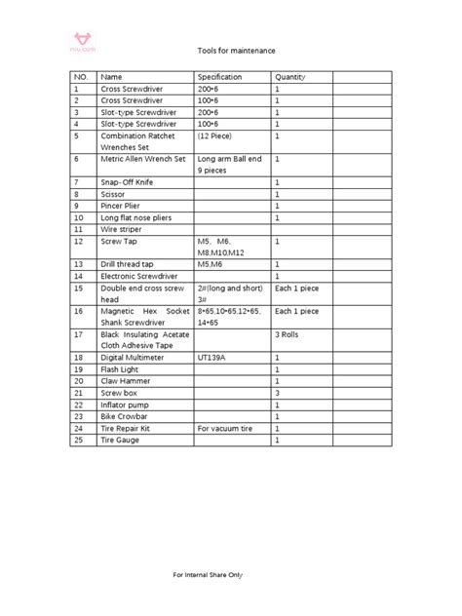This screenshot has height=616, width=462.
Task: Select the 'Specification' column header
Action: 219,77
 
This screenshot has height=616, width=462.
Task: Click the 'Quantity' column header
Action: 290,77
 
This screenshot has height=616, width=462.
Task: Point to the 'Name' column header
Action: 112,77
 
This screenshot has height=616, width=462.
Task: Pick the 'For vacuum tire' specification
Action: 225,428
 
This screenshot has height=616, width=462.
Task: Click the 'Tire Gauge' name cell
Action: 121,440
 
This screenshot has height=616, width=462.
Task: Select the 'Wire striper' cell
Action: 123,229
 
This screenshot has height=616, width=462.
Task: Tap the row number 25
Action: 78,440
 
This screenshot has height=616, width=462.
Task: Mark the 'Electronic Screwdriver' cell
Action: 138,276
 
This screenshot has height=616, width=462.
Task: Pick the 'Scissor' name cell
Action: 114,194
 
